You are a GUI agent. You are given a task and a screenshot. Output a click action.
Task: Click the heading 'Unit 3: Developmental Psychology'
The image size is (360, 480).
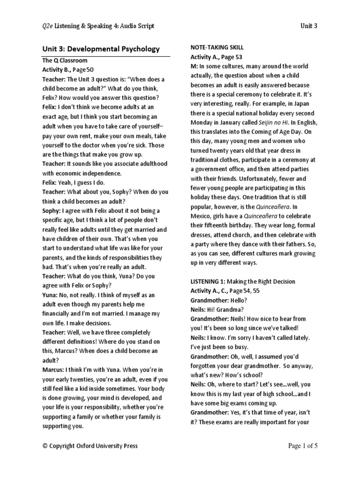(101, 49)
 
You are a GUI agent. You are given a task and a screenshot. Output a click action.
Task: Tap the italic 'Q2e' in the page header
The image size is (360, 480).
(47, 26)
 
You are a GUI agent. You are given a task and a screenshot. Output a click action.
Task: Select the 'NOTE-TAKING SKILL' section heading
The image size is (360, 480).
(217, 48)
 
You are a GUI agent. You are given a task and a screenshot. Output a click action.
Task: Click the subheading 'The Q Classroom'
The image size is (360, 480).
(65, 60)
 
